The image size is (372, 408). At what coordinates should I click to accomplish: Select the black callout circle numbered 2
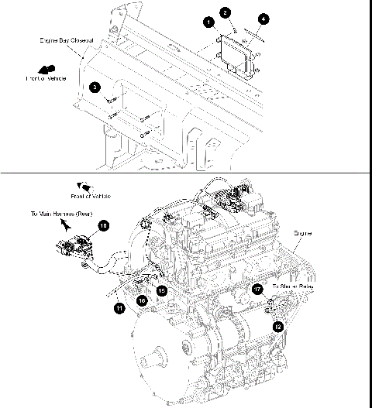pyautogui.click(x=225, y=12)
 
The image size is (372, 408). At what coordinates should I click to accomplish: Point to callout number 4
pyautogui.click(x=264, y=18)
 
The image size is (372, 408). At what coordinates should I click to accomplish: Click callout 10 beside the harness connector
pyautogui.click(x=103, y=225)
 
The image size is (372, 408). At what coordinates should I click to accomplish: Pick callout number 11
pyautogui.click(x=119, y=307)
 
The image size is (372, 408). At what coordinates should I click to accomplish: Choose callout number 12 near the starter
pyautogui.click(x=278, y=327)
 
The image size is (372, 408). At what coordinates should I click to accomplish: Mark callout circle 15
pyautogui.click(x=162, y=290)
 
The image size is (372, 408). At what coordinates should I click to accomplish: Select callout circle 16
pyautogui.click(x=142, y=300)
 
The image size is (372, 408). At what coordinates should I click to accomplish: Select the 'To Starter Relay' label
pyautogui.click(x=292, y=286)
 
